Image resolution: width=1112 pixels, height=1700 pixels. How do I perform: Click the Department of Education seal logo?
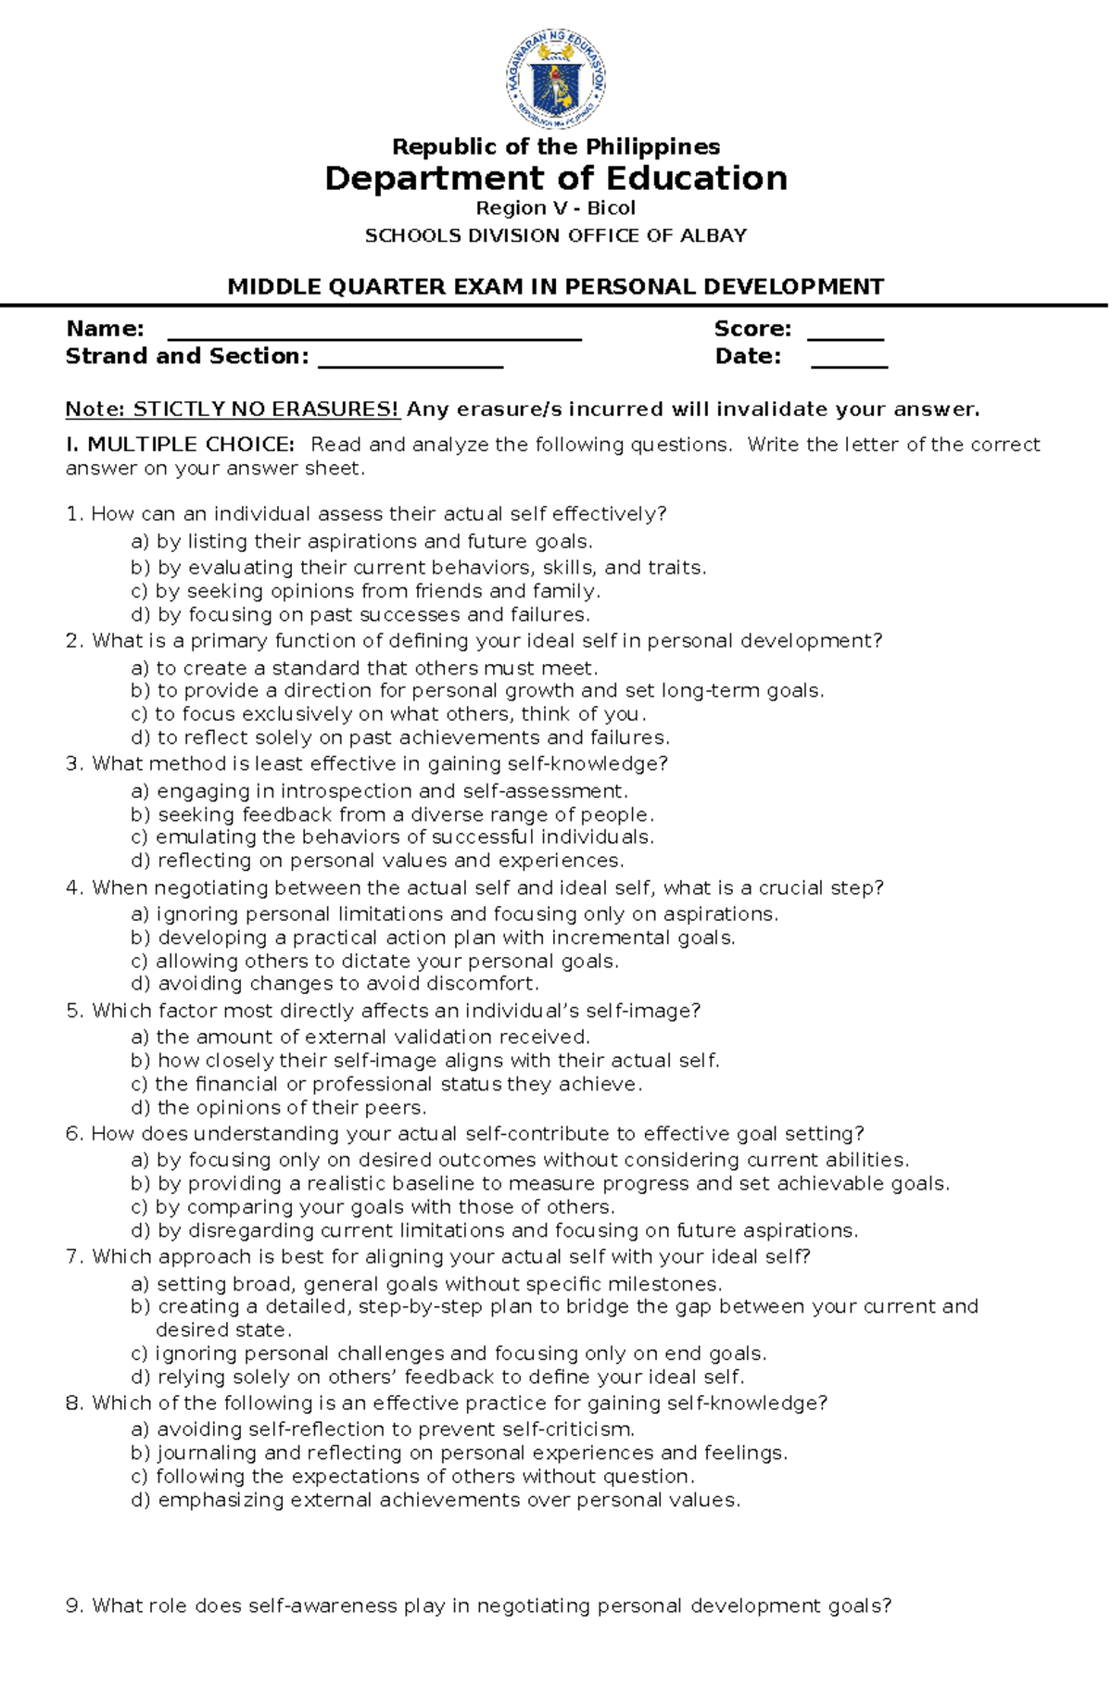555,78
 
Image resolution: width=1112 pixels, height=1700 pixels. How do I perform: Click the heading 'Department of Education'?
555,178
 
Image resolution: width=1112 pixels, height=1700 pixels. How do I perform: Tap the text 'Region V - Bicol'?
555,208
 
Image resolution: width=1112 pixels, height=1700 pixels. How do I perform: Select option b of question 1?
418,567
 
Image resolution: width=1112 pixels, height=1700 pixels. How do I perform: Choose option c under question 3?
393,837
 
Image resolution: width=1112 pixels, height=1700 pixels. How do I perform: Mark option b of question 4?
433,938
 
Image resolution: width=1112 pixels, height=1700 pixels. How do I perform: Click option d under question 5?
279,1108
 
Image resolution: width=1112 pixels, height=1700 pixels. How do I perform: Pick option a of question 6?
520,1160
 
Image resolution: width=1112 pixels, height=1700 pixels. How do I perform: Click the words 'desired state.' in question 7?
223,1330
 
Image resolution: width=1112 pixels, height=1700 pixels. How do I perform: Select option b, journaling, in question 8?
459,1453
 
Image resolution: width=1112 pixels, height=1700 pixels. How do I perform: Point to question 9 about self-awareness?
478,1606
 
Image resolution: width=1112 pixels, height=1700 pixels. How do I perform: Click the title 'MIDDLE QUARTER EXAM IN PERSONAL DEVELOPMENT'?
555,287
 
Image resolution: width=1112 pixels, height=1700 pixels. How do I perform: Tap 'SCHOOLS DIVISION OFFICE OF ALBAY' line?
555,236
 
